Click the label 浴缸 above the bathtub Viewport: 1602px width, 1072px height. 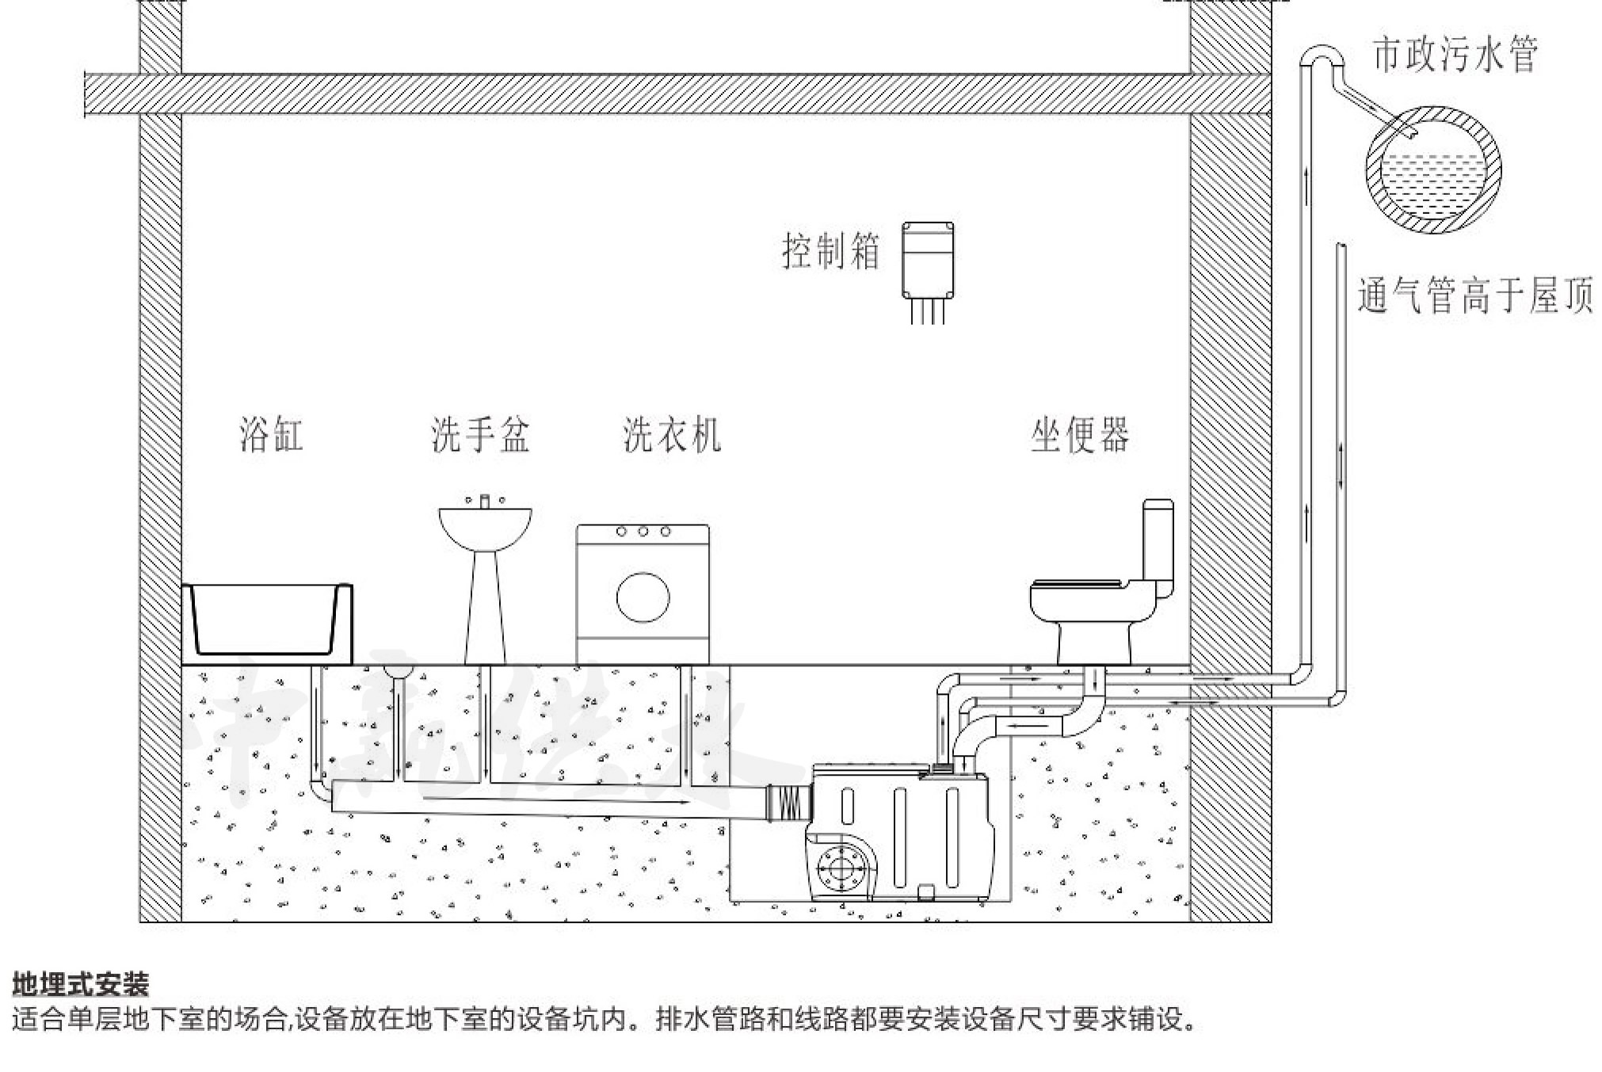point(271,435)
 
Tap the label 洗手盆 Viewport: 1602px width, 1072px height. point(480,435)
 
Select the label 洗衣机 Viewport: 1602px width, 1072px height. point(672,435)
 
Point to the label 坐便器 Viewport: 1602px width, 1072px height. point(1080,435)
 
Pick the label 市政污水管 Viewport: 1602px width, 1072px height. point(1455,55)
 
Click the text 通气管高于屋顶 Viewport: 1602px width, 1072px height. point(1475,296)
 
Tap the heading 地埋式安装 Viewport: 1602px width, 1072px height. point(81,985)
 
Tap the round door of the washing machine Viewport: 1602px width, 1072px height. point(643,597)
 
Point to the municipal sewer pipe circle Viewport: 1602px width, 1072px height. point(1433,171)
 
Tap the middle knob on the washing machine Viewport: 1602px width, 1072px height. point(643,532)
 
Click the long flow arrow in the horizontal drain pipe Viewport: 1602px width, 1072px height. point(555,801)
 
